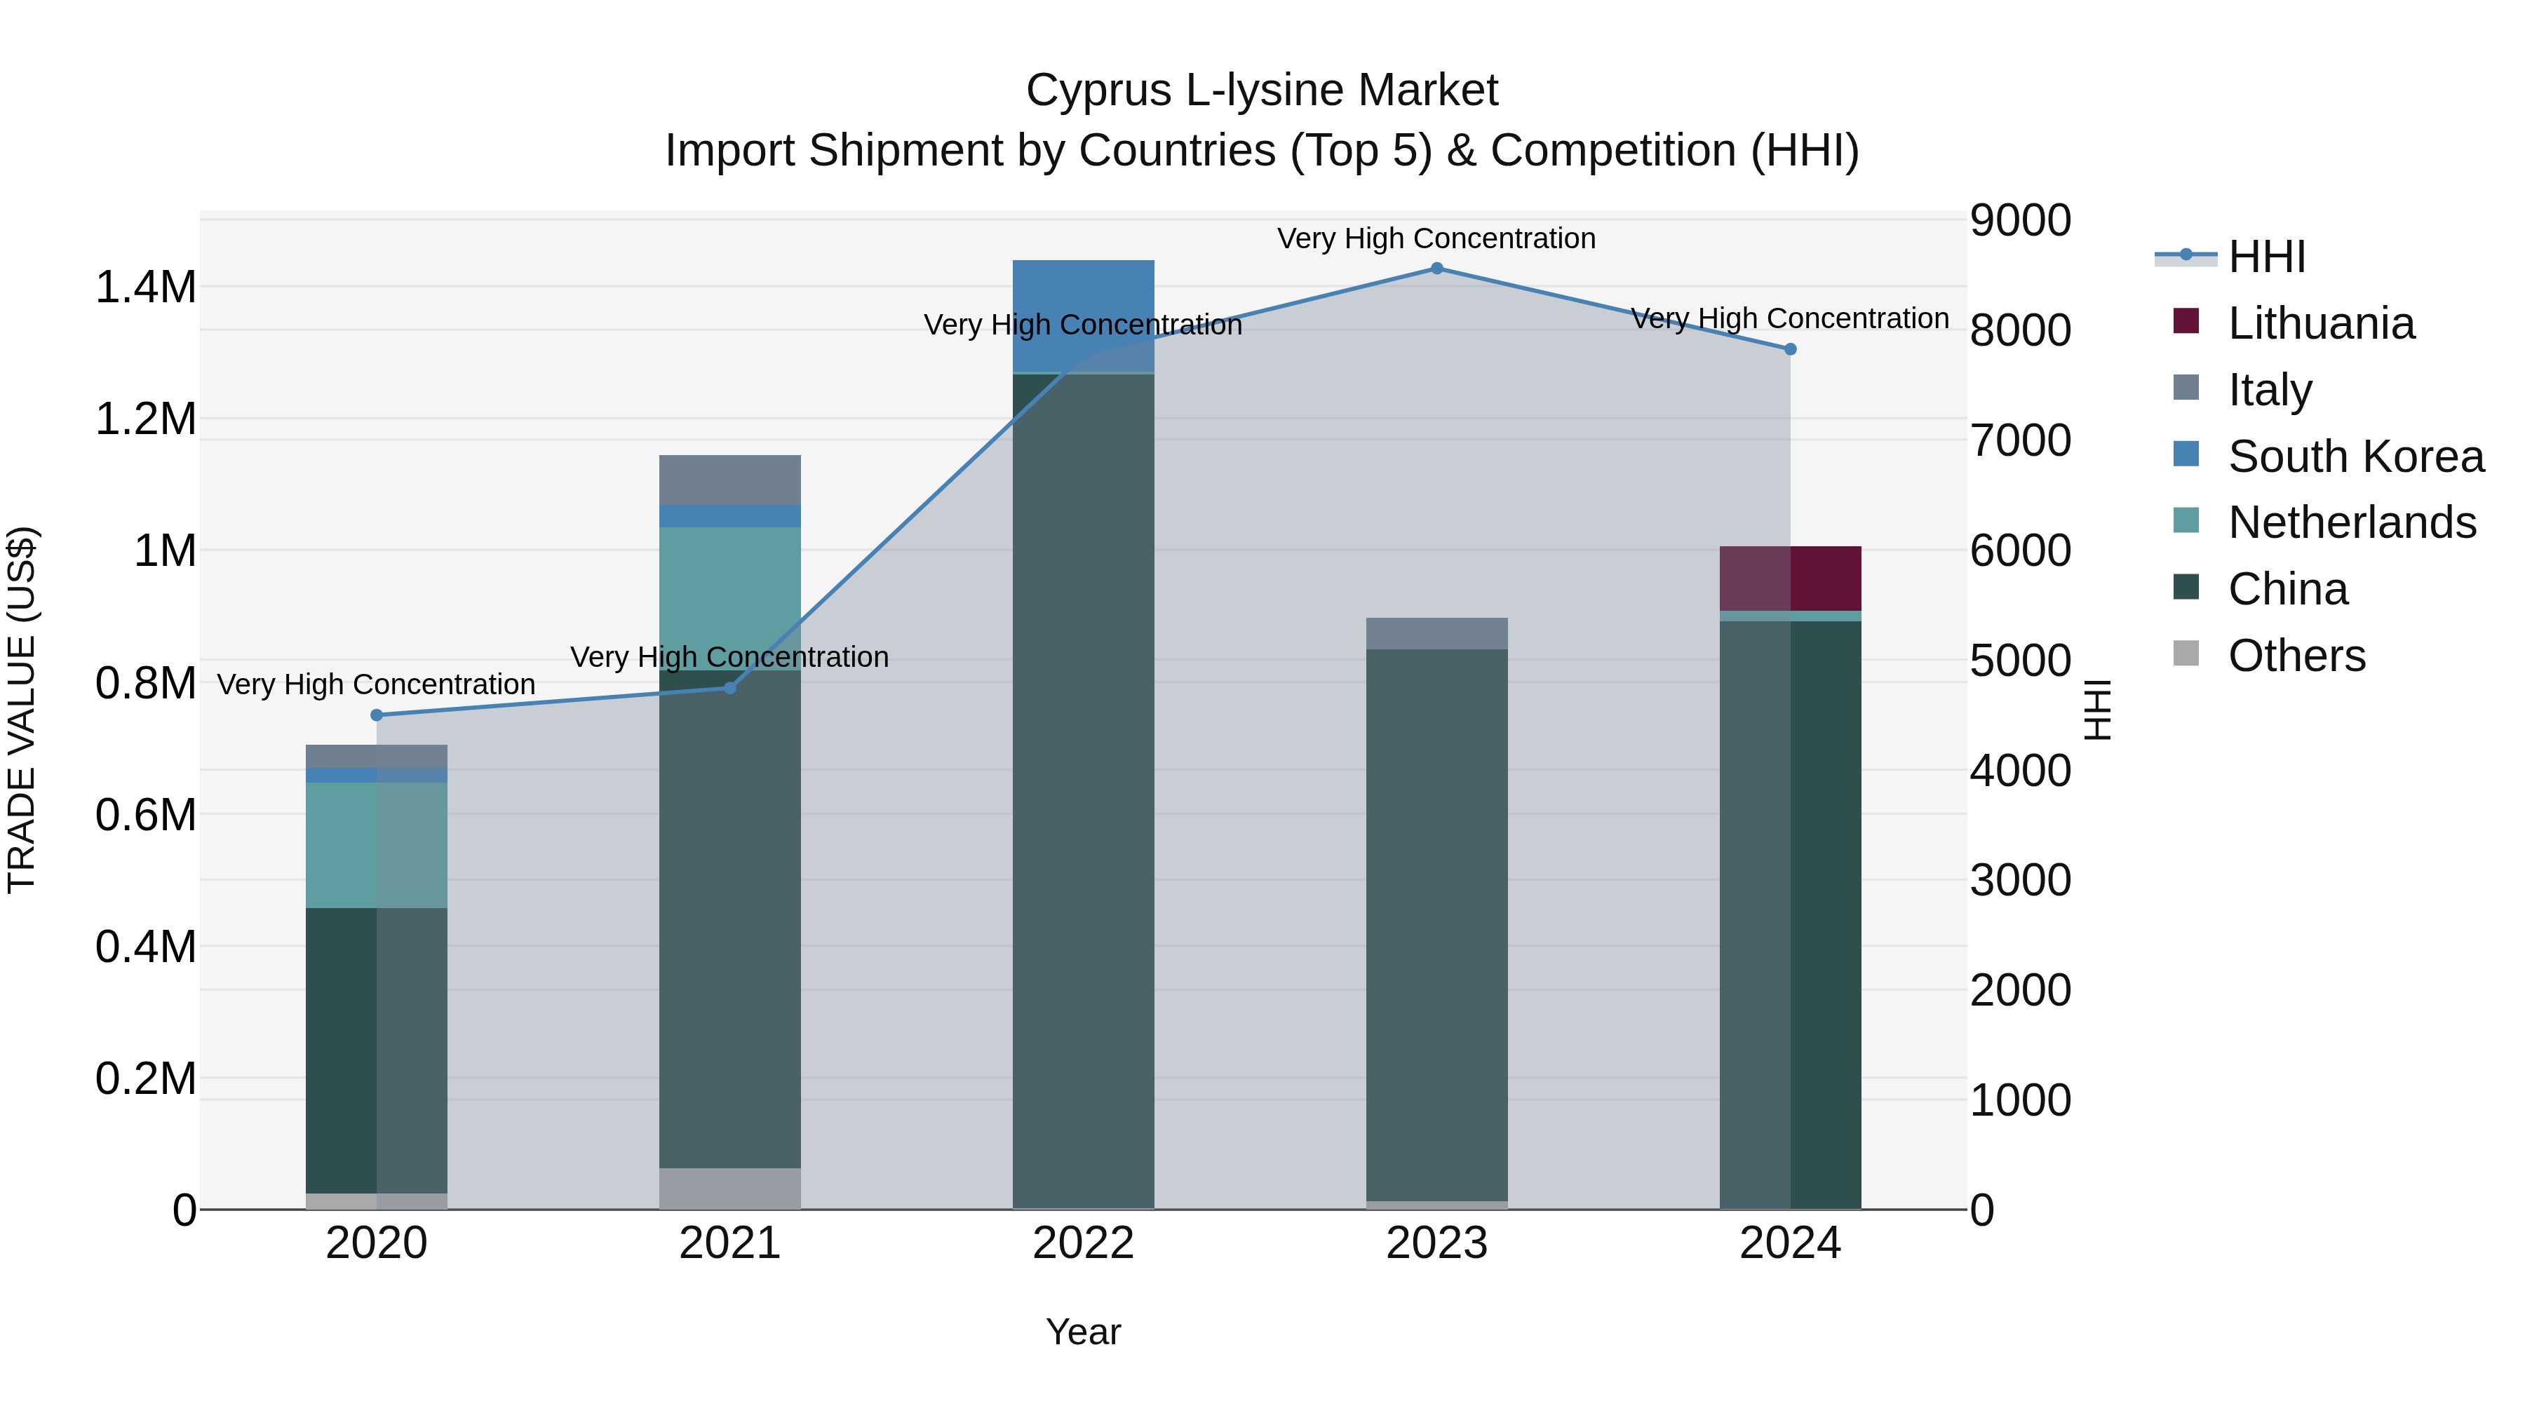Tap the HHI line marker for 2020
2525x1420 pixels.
click(x=377, y=715)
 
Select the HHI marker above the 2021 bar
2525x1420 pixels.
click(x=729, y=688)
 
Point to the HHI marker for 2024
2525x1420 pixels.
click(x=1790, y=349)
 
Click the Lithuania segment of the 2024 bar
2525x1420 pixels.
click(x=1790, y=579)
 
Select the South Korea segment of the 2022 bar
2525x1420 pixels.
click(x=1083, y=316)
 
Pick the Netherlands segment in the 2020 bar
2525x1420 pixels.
click(x=377, y=845)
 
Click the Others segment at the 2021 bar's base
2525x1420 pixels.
click(x=729, y=1188)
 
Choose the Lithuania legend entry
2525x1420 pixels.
click(x=2320, y=323)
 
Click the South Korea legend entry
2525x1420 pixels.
click(x=2355, y=457)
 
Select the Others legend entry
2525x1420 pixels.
click(x=2296, y=656)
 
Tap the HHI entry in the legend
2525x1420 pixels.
click(x=2266, y=257)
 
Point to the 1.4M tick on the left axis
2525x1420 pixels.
click(x=146, y=287)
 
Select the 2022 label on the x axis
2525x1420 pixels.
click(x=1083, y=1243)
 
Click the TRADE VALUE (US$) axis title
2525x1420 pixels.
click(x=22, y=710)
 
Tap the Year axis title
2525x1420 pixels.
click(x=1083, y=1332)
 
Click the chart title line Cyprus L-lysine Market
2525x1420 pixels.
click(x=1262, y=90)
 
